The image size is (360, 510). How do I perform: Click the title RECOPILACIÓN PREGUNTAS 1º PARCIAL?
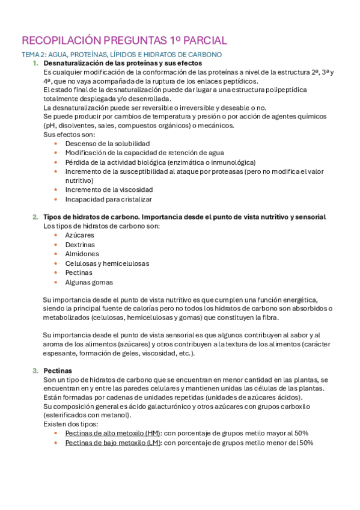(124, 41)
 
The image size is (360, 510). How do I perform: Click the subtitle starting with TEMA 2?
(121, 55)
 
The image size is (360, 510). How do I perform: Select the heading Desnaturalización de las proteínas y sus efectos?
(123, 63)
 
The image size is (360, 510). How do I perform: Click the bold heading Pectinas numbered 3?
(58, 370)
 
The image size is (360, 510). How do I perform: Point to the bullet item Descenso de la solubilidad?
(107, 144)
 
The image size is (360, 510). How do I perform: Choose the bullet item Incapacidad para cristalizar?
(108, 199)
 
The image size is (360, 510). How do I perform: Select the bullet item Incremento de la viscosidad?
(105, 189)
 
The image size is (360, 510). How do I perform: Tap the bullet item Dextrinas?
(80, 245)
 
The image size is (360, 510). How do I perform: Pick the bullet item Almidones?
(82, 254)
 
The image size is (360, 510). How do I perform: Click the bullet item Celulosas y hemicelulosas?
(107, 263)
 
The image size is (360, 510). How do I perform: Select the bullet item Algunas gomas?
(88, 281)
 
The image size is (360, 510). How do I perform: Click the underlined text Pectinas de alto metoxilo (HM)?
(112, 434)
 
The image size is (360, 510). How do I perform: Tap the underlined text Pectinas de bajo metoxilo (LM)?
(112, 443)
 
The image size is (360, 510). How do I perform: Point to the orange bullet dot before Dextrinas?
(56, 245)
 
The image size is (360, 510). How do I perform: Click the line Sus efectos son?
(65, 135)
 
